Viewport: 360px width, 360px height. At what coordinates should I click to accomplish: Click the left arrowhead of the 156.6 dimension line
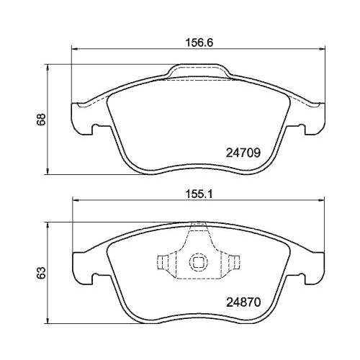73,49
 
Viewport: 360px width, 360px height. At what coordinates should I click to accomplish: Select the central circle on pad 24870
199,264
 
